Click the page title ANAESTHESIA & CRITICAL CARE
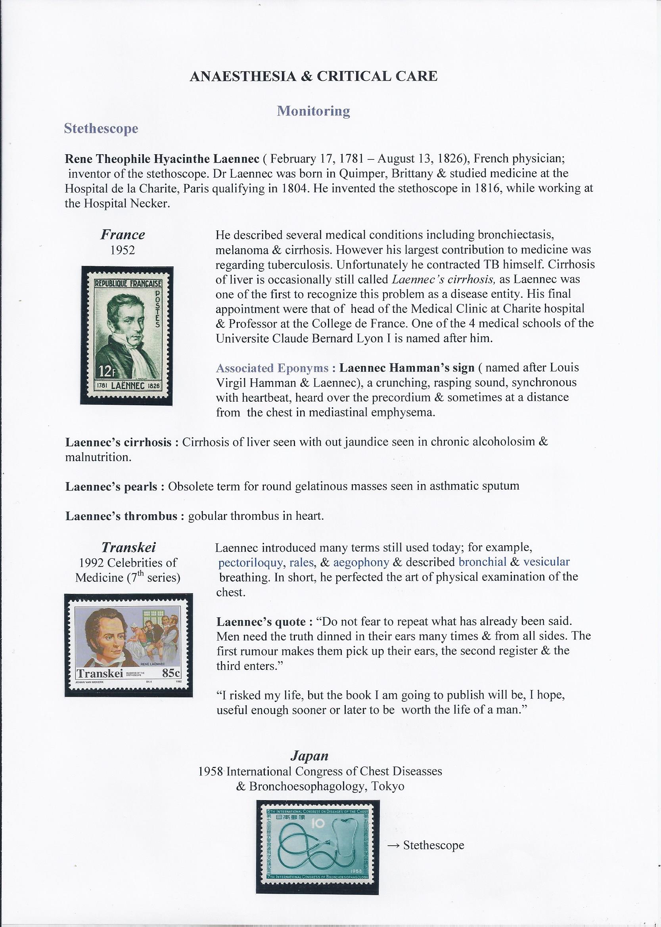[313, 76]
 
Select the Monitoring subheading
[313, 111]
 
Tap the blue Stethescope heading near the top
[101, 128]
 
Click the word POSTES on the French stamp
[157, 309]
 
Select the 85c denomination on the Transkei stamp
[171, 673]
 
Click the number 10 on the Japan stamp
[318, 824]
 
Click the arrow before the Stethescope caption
[393, 846]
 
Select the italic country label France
[123, 235]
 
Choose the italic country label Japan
[309, 756]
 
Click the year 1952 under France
[123, 250]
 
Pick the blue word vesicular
[546, 562]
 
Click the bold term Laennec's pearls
[111, 486]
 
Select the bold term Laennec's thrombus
[121, 516]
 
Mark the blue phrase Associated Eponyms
[272, 368]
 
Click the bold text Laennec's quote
[261, 622]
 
